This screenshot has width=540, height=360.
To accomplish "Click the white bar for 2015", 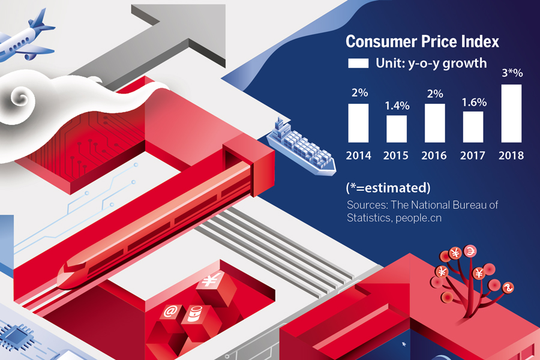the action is coord(397,129).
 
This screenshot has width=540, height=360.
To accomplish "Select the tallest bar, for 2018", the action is coord(511,113).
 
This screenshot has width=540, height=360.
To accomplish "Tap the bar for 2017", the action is coord(473,127).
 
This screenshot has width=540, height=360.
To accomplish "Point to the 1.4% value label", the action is coord(397,106).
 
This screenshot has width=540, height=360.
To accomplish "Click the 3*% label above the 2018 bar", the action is coord(512,73).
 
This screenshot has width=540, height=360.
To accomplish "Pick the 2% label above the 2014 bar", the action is coord(359,92).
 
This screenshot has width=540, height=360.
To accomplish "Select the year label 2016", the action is coord(434,156).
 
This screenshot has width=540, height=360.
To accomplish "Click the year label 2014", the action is coord(359,156).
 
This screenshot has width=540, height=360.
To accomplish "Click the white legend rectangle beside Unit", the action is coord(358,63).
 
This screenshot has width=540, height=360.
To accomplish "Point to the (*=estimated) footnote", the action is coord(388,188).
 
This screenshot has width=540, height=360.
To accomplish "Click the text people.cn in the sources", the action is coord(418,218).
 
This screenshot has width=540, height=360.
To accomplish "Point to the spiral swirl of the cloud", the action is coord(20,97).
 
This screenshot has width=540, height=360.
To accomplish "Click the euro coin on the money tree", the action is coord(470,251).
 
